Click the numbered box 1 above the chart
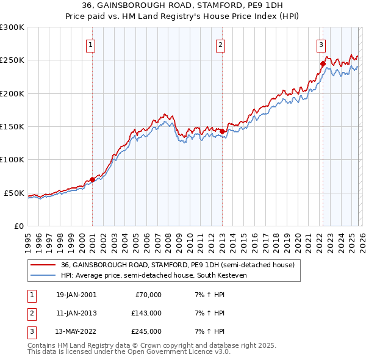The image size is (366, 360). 90,44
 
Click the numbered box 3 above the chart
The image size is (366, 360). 320,44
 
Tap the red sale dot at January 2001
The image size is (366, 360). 92,179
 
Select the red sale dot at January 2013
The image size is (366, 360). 222,131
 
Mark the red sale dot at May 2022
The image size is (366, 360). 323,63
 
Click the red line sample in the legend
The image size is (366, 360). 43,265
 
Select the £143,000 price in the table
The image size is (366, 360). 146,313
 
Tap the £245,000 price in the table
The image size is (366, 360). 146,331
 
